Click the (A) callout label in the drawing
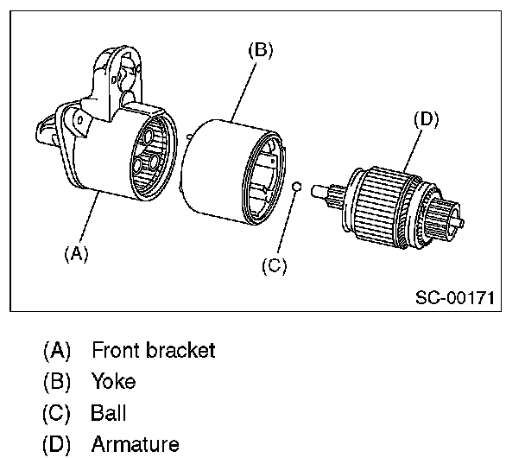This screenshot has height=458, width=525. [76, 253]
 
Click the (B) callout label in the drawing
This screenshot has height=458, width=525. [260, 51]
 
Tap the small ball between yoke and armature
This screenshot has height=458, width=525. [295, 186]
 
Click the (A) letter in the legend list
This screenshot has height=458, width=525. [57, 350]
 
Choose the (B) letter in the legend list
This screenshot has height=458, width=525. [57, 381]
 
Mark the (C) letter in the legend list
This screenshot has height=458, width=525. [57, 412]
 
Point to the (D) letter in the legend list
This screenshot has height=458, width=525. [57, 444]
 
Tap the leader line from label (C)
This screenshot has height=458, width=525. [285, 224]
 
